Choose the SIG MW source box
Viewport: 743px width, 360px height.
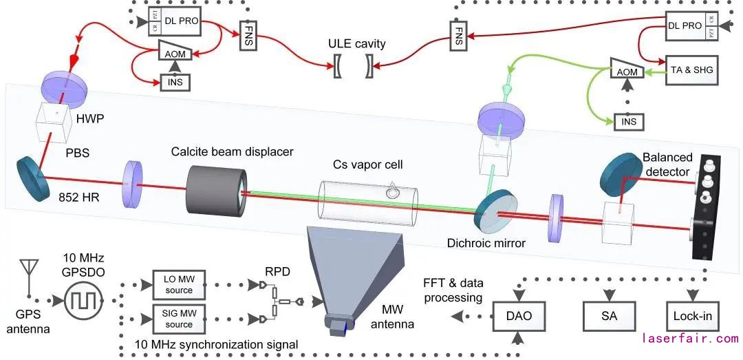click(x=169, y=319)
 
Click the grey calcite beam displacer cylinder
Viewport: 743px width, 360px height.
click(x=215, y=191)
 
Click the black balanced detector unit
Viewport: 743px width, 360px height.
click(x=705, y=207)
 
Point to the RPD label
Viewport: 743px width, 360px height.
click(x=279, y=271)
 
